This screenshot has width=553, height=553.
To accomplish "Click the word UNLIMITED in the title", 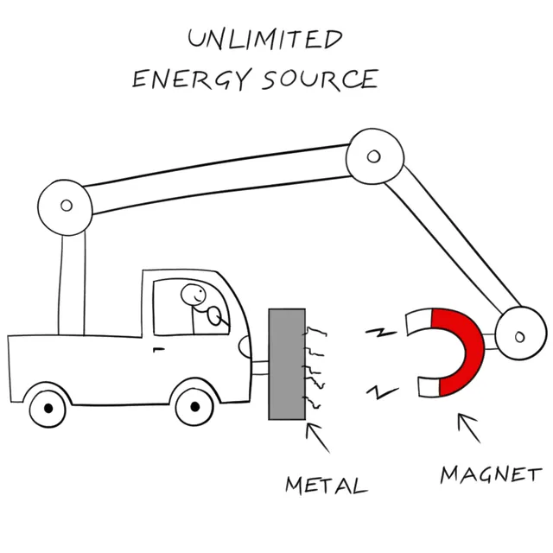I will click(x=264, y=39).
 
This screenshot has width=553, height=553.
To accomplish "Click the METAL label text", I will click(x=326, y=483).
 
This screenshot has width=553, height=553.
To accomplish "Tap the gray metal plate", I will click(x=286, y=364).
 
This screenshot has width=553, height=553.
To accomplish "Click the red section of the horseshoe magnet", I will click(x=462, y=350).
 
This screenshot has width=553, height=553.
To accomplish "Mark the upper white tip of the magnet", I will click(x=418, y=321).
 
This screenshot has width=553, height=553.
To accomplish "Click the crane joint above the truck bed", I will click(x=66, y=206).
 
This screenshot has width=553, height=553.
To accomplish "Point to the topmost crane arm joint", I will click(x=373, y=156).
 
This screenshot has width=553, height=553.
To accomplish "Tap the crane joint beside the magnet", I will click(x=518, y=335).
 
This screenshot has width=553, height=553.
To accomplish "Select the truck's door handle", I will click(x=158, y=349).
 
